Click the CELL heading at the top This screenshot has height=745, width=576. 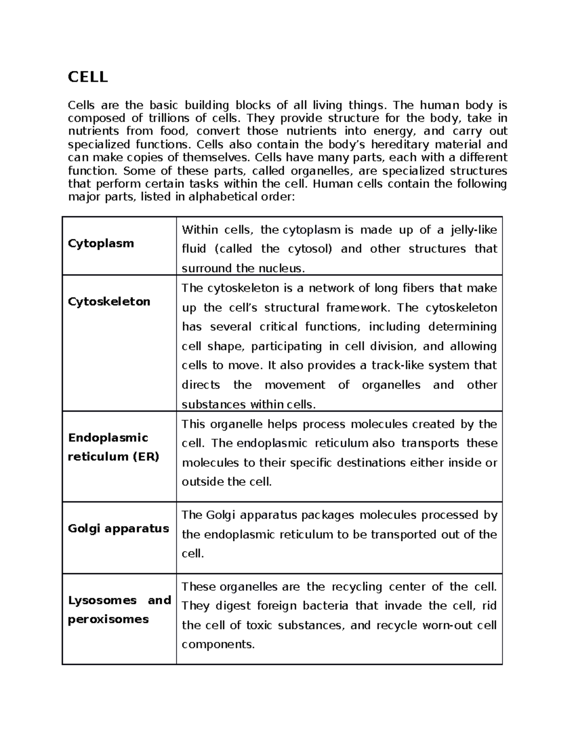click(88, 77)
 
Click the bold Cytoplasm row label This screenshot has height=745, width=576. click(101, 243)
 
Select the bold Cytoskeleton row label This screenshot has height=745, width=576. click(109, 301)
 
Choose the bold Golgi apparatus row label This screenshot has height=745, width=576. click(118, 528)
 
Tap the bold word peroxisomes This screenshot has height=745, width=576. click(108, 619)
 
